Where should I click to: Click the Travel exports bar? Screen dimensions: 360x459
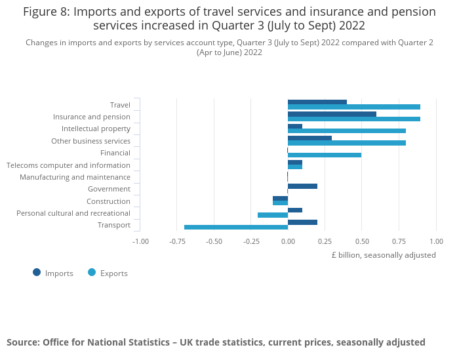[354, 107]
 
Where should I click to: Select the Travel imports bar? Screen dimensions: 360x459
[317, 102]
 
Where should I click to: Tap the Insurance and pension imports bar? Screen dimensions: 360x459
[332, 114]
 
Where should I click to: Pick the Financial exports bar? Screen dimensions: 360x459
[325, 155]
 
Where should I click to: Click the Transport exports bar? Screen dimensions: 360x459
[236, 227]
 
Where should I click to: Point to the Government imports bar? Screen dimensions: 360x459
[302, 186]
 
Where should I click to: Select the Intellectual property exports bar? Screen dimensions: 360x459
[347, 131]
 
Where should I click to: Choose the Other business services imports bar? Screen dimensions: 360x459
[309, 138]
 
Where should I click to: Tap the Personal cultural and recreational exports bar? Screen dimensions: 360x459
[273, 215]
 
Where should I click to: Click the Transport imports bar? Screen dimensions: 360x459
[302, 222]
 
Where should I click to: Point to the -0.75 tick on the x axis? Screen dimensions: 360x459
[176, 241]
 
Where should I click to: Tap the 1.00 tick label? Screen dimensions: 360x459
[436, 241]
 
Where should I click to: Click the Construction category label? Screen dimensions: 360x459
[108, 201]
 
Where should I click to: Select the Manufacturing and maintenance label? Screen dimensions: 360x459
[75, 177]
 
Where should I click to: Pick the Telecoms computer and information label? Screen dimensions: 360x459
[68, 165]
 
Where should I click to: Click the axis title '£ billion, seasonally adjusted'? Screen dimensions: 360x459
[384, 255]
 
